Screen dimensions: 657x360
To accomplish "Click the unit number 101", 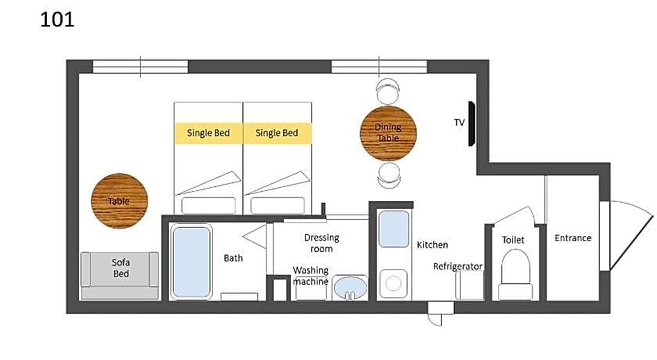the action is [x=57, y=20].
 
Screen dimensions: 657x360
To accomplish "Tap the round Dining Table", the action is [x=388, y=133].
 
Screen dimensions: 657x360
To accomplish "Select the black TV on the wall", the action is [x=472, y=124].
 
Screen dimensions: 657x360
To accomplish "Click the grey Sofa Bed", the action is [x=120, y=275].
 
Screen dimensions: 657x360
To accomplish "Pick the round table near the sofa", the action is [x=120, y=201].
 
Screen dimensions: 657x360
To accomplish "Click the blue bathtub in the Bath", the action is [x=192, y=262].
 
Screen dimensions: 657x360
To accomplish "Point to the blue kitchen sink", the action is [x=393, y=229].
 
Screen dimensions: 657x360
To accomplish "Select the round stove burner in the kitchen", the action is [x=393, y=284].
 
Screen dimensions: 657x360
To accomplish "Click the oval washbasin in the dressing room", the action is [x=350, y=287].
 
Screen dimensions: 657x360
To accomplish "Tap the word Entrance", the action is [x=573, y=238].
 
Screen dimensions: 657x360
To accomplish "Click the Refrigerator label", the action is [x=458, y=267].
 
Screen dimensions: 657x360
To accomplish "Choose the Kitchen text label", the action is [x=433, y=245].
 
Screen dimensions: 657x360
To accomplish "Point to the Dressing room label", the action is [x=321, y=243].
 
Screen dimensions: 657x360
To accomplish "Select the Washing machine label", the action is [x=311, y=275].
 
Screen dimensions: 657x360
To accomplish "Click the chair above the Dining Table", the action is [x=388, y=92].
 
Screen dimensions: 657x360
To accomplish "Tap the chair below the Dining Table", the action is [x=389, y=175].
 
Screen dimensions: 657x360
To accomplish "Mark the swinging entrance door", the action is [x=627, y=236].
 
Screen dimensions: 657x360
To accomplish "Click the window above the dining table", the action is [x=379, y=67].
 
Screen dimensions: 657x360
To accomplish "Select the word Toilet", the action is [x=513, y=240].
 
